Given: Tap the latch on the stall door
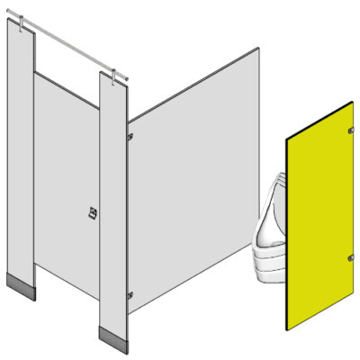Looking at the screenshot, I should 91,213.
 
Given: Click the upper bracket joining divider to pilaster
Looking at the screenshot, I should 130,136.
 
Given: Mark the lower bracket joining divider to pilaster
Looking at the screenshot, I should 130,293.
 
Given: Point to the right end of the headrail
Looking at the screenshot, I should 128,79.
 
